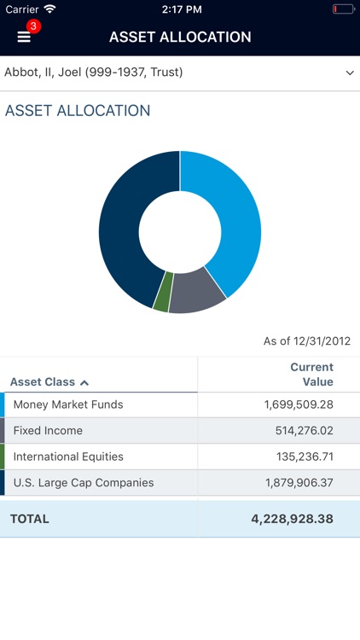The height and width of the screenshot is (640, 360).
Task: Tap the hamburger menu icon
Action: [x=24, y=38]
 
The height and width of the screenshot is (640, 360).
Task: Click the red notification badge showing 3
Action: [x=33, y=26]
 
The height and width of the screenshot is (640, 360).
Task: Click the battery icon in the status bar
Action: [x=342, y=9]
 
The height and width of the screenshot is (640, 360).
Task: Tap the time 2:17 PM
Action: [x=180, y=9]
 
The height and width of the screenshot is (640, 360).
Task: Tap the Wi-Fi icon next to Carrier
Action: [x=49, y=9]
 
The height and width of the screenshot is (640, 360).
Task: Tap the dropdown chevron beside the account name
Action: [x=349, y=73]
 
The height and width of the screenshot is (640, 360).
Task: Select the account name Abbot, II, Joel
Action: [x=94, y=73]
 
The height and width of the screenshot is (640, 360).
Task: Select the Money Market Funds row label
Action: [x=68, y=404]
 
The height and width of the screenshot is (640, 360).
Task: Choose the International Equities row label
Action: [x=68, y=457]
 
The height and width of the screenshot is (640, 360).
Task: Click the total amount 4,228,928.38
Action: [x=292, y=519]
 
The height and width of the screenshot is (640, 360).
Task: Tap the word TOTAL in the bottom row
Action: [x=30, y=519]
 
